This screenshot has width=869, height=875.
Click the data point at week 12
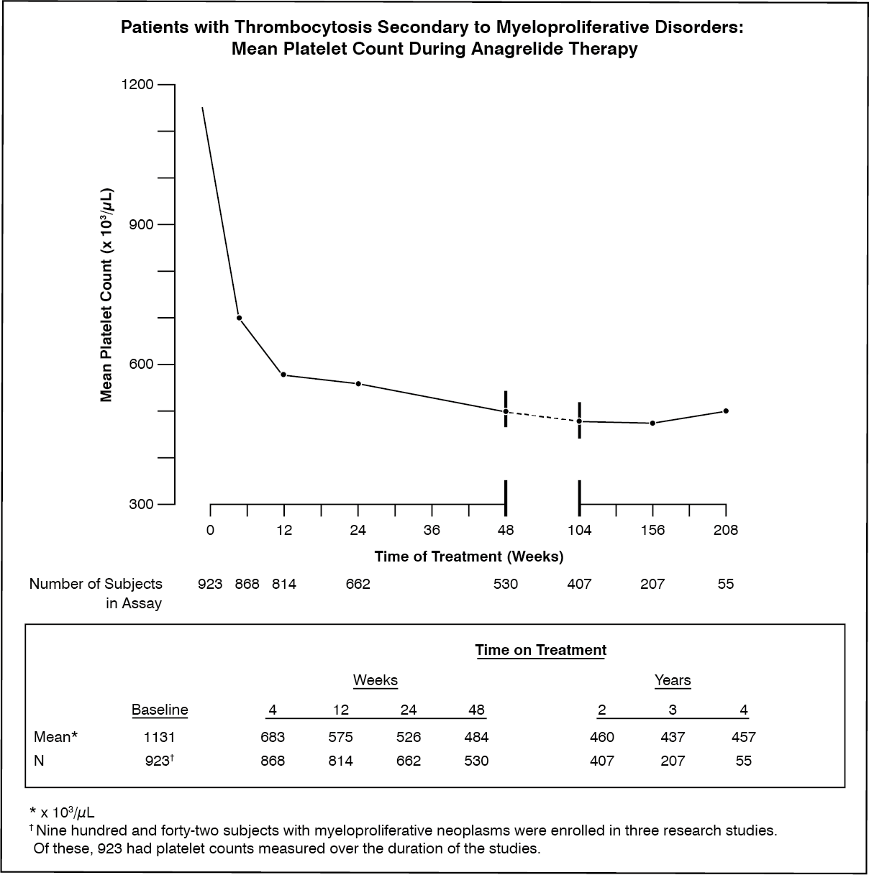click(x=283, y=375)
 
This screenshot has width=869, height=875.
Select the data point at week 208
click(x=726, y=411)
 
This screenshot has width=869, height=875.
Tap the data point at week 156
click(x=652, y=423)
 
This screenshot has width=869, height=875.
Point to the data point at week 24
click(x=358, y=384)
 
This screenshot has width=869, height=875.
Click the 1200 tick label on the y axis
click(x=137, y=84)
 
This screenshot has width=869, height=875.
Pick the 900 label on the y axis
click(x=141, y=224)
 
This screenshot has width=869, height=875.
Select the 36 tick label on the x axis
click(x=432, y=530)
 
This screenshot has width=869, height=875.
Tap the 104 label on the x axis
click(x=580, y=530)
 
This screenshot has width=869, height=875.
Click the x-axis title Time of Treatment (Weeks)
click(x=469, y=556)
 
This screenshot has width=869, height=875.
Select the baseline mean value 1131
click(x=160, y=736)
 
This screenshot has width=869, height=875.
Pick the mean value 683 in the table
click(x=273, y=736)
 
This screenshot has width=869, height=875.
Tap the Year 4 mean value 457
click(x=744, y=736)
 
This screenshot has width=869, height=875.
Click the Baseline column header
click(x=160, y=709)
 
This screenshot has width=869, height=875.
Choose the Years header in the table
click(x=673, y=680)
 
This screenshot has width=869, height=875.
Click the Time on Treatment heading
click(x=541, y=650)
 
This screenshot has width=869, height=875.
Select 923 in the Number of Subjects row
click(x=210, y=584)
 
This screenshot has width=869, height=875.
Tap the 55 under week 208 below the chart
click(x=726, y=584)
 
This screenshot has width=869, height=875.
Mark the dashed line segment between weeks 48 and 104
click(x=542, y=416)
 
